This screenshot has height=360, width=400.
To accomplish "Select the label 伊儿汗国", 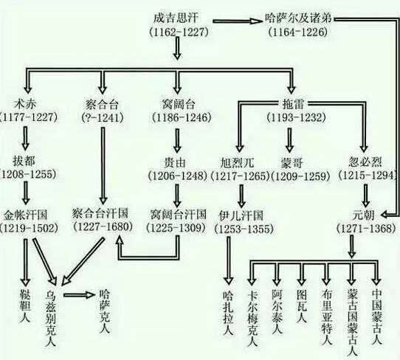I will point(241,215).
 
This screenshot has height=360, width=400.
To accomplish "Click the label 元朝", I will point(364,215).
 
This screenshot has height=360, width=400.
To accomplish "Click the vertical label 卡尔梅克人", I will point(252,314).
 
